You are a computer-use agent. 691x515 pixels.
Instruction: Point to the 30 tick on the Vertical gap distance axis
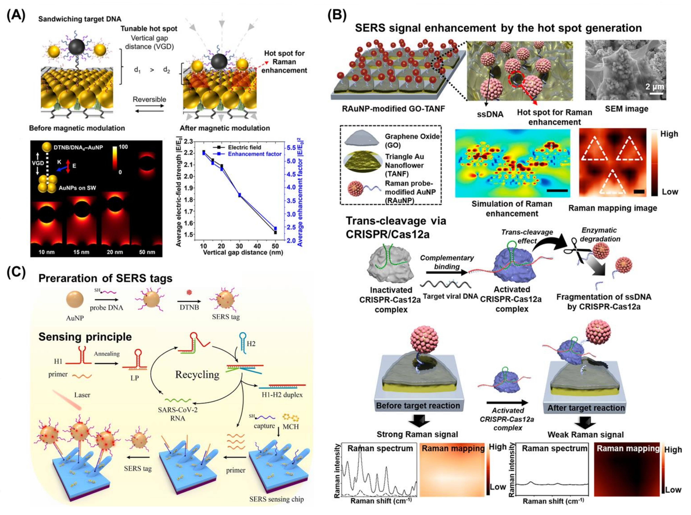(239, 246)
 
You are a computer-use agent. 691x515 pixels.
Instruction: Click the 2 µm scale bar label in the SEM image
(654, 86)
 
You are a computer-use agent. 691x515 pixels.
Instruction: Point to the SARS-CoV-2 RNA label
(177, 414)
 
